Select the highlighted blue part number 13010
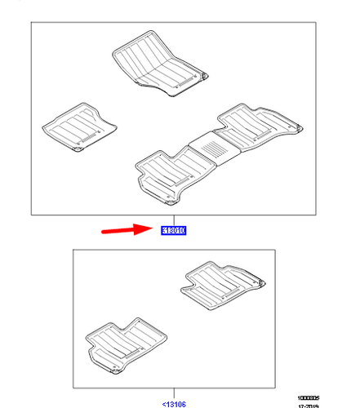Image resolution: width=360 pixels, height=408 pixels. pyautogui.click(x=173, y=231)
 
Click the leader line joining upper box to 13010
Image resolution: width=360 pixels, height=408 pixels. pyautogui.click(x=173, y=220)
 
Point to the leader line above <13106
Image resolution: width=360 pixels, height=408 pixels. pyautogui.click(x=173, y=393)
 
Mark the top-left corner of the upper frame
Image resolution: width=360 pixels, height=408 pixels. pyautogui.click(x=31, y=22)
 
